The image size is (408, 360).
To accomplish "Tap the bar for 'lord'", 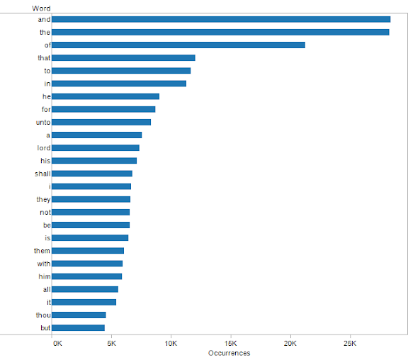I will click(x=96, y=147).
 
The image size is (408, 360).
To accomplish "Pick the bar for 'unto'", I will click(x=101, y=122).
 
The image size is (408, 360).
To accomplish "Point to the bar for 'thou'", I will click(x=79, y=315).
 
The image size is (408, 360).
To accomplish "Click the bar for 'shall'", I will click(x=92, y=173).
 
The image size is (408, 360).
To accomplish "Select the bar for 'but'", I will click(x=78, y=327).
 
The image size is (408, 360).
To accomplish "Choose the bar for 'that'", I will click(x=123, y=57).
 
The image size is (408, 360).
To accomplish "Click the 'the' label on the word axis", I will click(x=45, y=32).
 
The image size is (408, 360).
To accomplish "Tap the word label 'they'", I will click(x=43, y=199).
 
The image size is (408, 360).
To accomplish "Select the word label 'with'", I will click(x=44, y=264).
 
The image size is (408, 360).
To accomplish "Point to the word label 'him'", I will click(x=45, y=276).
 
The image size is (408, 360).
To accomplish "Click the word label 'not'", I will click(x=45, y=212).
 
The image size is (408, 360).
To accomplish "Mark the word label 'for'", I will click(x=45, y=109).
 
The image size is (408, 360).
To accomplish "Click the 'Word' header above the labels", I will click(x=41, y=8).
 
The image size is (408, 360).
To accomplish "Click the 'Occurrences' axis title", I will click(x=229, y=353).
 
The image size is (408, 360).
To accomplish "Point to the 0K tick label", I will click(x=57, y=343).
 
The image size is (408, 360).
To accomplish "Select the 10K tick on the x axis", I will click(x=171, y=343).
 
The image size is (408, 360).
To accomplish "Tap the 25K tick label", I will click(x=349, y=343).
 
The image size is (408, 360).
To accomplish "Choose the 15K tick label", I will click(x=230, y=343).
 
